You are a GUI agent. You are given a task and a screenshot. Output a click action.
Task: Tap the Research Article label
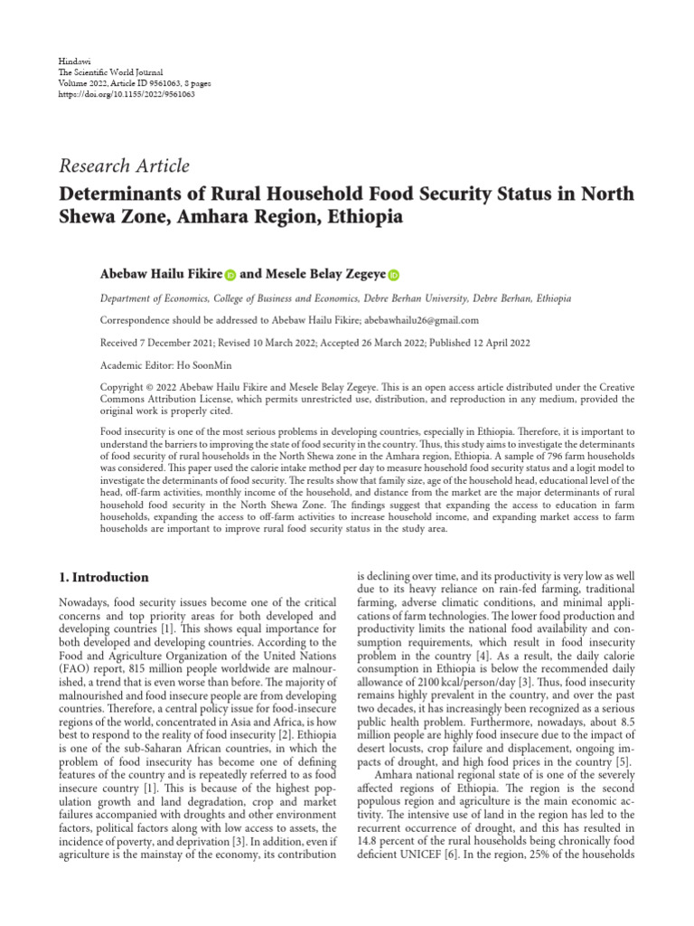124,165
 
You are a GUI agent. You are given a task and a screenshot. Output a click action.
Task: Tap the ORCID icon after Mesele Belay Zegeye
394,275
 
